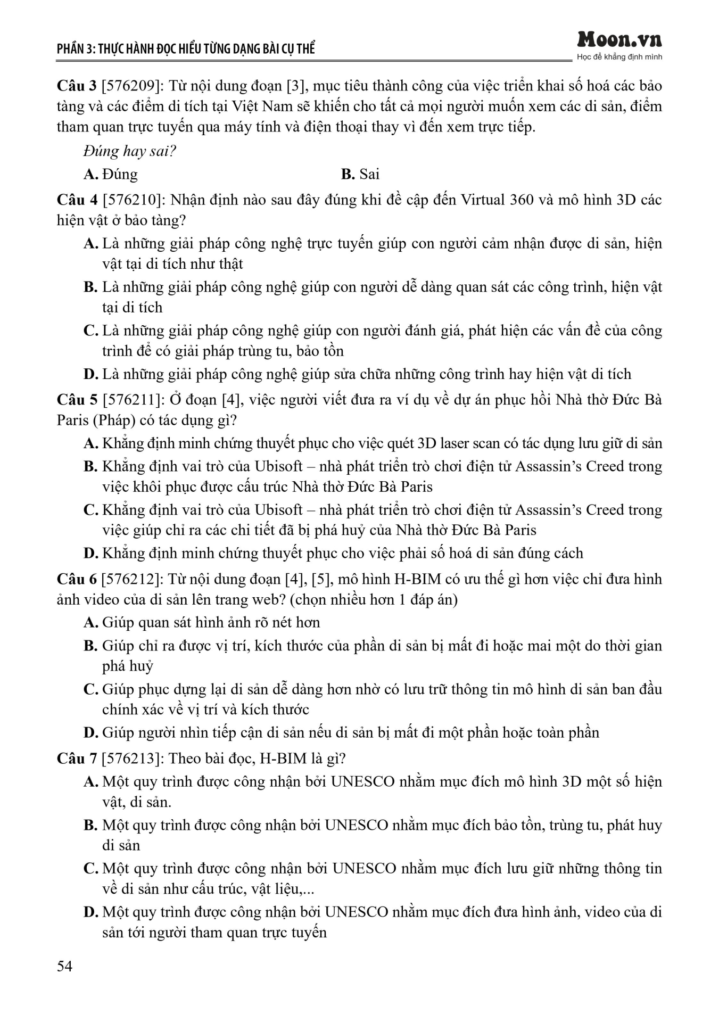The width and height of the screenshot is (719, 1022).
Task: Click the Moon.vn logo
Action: click(619, 40)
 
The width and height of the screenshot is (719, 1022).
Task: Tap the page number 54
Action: click(64, 966)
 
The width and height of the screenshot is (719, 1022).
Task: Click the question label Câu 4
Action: click(77, 200)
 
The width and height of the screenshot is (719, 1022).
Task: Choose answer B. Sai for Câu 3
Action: click(360, 174)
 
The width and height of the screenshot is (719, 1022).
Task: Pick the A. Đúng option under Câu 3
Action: click(111, 174)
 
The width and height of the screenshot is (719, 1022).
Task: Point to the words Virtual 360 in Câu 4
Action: click(496, 200)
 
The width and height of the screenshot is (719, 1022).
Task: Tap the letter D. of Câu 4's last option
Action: click(90, 374)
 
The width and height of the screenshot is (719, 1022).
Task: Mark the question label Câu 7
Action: click(77, 759)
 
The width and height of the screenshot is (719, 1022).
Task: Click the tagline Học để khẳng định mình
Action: click(619, 57)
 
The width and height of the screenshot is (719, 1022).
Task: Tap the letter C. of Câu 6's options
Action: click(90, 689)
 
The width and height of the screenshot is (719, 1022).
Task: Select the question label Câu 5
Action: click(77, 400)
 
